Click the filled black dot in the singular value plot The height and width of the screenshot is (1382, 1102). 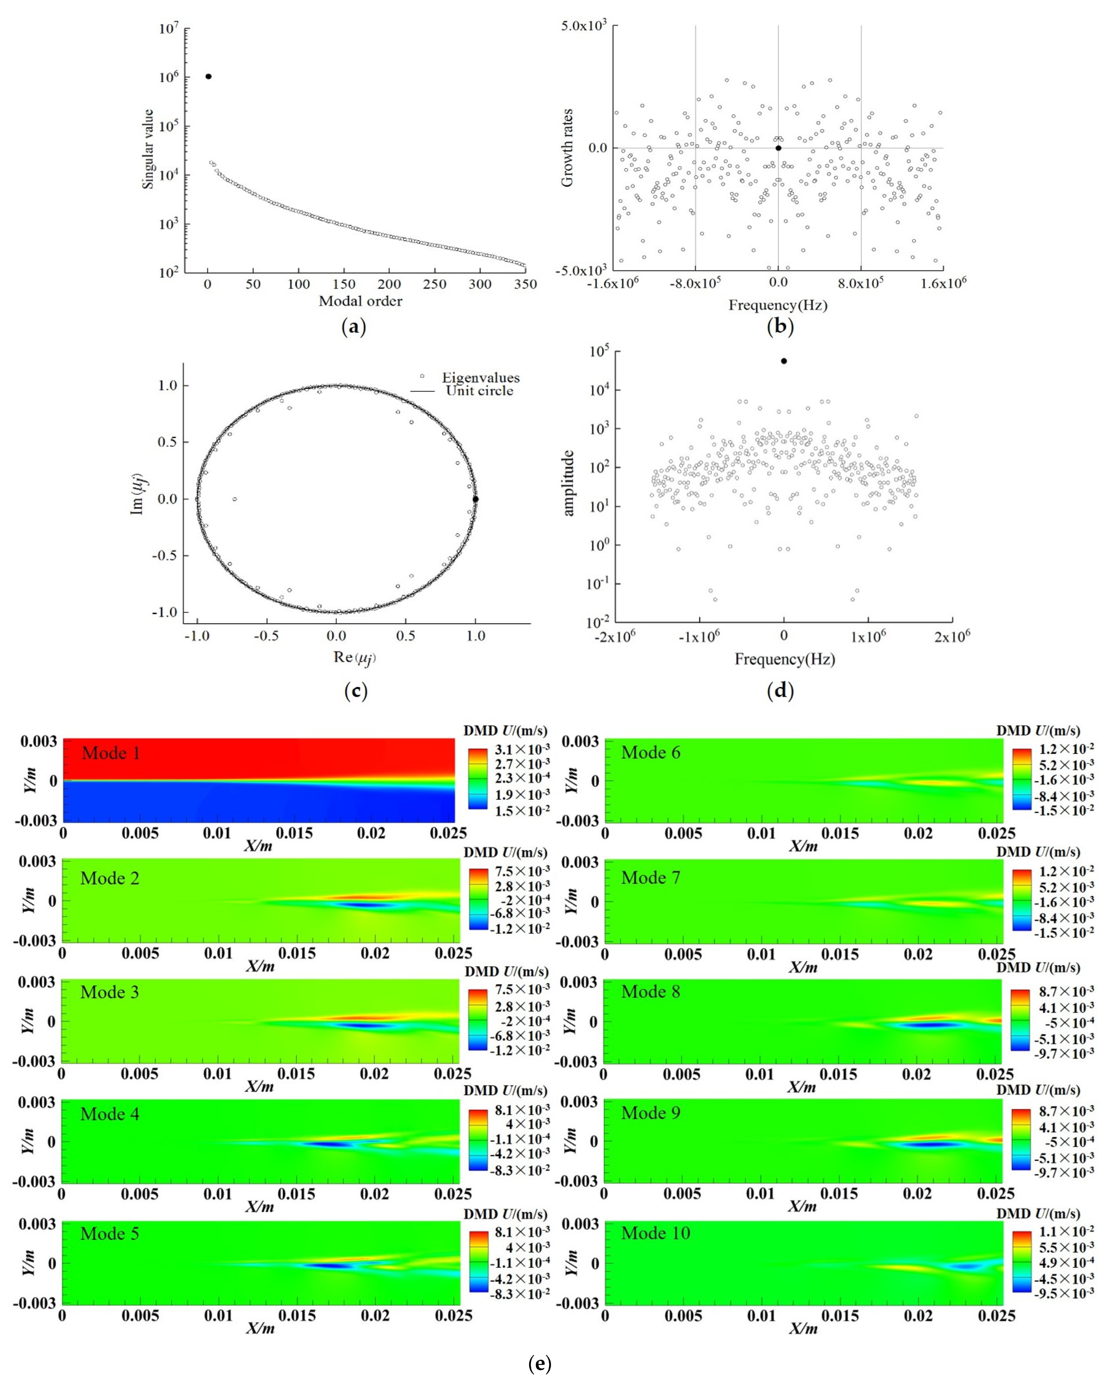click(x=208, y=76)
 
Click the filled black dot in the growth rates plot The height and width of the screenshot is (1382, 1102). click(x=778, y=148)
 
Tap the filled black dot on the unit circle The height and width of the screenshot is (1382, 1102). click(x=475, y=499)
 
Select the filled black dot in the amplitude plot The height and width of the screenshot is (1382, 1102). click(x=783, y=361)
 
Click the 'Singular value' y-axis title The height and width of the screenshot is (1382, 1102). click(x=148, y=149)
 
